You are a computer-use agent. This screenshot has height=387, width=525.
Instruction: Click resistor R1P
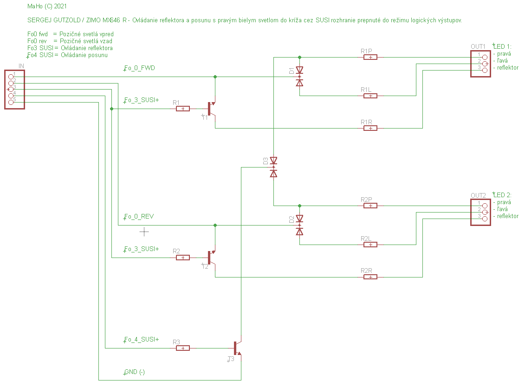point(370,57)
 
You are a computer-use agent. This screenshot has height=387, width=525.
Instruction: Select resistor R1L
point(370,96)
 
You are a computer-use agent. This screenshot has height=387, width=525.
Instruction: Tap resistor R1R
point(370,128)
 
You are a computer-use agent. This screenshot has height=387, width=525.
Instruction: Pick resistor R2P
point(370,206)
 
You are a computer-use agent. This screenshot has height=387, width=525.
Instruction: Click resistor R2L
point(370,245)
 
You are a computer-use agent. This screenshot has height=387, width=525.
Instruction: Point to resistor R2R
point(370,277)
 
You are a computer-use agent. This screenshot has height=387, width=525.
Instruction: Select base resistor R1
point(183,109)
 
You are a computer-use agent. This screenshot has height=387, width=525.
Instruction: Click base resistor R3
point(183,348)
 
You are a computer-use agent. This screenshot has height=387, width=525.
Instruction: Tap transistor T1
point(212,109)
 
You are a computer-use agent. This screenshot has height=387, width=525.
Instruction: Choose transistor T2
point(212,258)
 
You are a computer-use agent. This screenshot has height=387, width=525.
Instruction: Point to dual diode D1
point(299,77)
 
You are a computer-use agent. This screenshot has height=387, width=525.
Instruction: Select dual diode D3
point(273,167)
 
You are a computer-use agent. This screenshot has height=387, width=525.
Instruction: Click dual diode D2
point(299,225)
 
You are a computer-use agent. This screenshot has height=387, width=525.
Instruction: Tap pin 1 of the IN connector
point(11,77)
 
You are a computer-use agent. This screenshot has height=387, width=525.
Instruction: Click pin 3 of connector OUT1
point(485,70)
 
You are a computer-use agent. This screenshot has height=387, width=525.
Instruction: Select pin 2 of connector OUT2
point(485,212)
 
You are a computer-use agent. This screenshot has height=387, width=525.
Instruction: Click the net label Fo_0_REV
point(139,217)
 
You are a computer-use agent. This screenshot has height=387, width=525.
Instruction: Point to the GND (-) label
point(135,372)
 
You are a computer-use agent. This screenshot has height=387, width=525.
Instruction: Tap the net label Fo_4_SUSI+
point(142,339)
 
